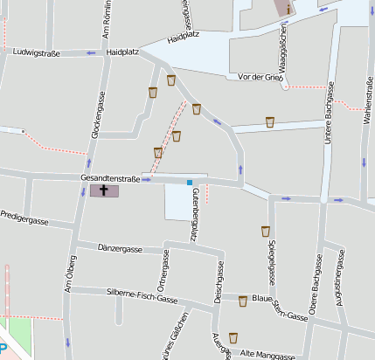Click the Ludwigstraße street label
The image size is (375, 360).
(x=38, y=52)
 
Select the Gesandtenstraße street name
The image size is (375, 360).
(x=110, y=177)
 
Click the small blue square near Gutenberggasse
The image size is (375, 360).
(x=189, y=183)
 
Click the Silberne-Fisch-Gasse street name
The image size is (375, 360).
(x=142, y=294)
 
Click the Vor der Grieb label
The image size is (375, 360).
(x=260, y=77)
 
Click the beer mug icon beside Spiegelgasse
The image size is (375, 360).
(x=266, y=232)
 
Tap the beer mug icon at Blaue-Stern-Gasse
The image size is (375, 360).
(x=243, y=301)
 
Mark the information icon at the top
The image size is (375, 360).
(x=288, y=8)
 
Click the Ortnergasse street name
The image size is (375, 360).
(x=163, y=269)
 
